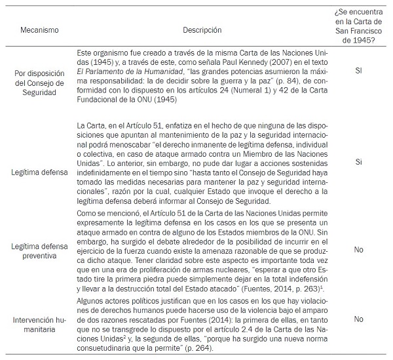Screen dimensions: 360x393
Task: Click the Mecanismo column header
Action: click(x=39, y=30)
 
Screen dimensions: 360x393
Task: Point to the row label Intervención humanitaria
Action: click(x=39, y=319)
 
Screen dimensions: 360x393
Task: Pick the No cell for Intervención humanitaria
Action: click(x=358, y=319)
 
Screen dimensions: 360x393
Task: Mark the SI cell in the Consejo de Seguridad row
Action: click(x=358, y=69)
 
